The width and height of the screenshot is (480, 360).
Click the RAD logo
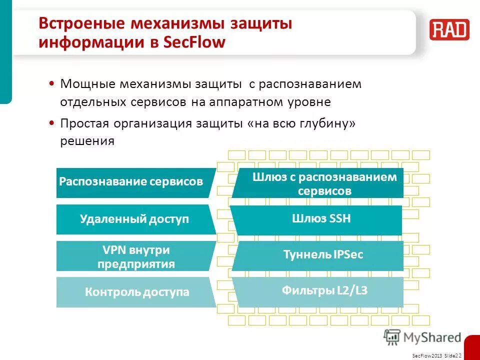click(x=449, y=29)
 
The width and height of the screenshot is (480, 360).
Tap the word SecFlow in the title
click(x=195, y=42)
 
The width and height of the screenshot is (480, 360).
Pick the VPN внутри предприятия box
click(x=136, y=256)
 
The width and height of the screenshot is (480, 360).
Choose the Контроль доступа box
click(x=136, y=292)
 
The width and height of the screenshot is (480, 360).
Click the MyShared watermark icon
click(x=392, y=337)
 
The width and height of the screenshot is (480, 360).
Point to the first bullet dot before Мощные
click(x=52, y=83)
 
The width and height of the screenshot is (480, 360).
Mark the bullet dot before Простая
click(x=52, y=123)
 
